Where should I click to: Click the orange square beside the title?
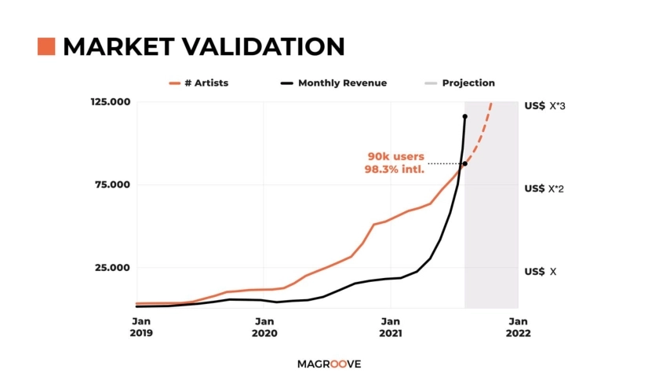[46, 46]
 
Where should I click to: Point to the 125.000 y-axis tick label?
[111, 102]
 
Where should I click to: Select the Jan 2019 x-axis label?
[141, 326]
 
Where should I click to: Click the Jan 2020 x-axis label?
[264, 326]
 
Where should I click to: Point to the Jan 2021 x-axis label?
[391, 326]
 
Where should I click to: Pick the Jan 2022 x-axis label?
[518, 326]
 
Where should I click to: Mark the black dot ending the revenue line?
[465, 117]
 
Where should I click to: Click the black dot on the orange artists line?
[465, 163]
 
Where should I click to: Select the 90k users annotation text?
[396, 156]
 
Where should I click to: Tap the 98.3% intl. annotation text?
[395, 169]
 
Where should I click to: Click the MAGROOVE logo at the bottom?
[329, 364]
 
